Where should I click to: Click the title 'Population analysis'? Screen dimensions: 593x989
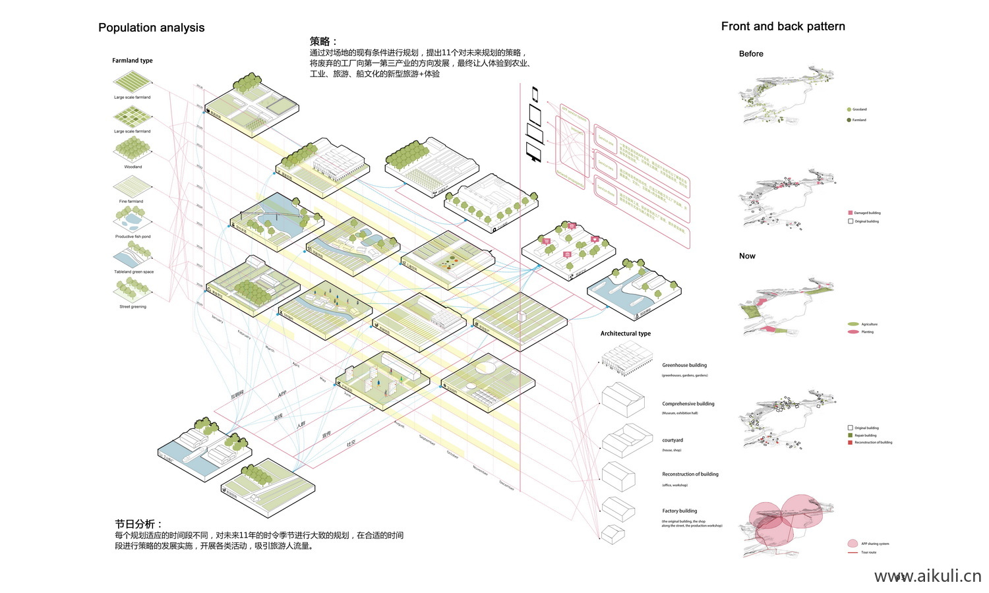click(x=151, y=28)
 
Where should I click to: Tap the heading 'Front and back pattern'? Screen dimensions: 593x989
click(x=783, y=26)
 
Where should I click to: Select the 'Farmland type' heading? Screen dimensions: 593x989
click(x=132, y=61)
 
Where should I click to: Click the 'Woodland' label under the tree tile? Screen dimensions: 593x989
click(x=133, y=167)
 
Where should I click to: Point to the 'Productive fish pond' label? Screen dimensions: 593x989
click(x=133, y=237)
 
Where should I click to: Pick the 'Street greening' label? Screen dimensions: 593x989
click(x=133, y=306)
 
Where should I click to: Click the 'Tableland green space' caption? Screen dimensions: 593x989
click(x=133, y=271)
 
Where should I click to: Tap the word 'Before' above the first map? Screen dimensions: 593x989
click(x=751, y=54)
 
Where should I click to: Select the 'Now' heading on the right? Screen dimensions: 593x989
click(x=747, y=256)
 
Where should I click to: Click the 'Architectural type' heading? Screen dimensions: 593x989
click(x=625, y=333)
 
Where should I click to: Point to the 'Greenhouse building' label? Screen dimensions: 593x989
click(x=684, y=365)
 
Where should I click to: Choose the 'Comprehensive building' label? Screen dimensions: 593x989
click(x=688, y=404)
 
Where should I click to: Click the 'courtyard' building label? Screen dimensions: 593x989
click(x=673, y=440)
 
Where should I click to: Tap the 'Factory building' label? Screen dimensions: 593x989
click(x=679, y=511)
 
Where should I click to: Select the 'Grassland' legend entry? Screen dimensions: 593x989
click(x=859, y=109)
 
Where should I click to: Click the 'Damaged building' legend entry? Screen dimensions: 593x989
click(x=867, y=213)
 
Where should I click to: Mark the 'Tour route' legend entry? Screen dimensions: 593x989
click(x=868, y=552)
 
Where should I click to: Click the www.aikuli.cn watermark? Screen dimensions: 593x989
click(x=927, y=577)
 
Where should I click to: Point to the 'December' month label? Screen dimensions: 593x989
click(x=506, y=486)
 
